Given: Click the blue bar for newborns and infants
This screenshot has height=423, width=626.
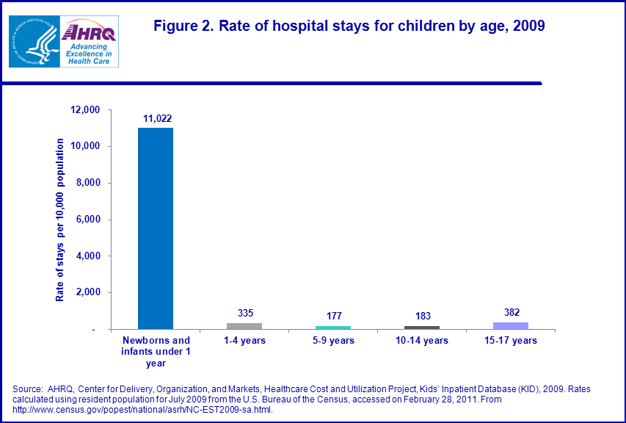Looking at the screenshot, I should click(x=156, y=228).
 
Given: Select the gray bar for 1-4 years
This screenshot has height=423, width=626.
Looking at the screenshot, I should click(x=244, y=326).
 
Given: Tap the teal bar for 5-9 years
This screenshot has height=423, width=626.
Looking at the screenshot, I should click(x=333, y=328).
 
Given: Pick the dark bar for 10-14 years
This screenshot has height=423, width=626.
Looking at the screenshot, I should click(x=422, y=328).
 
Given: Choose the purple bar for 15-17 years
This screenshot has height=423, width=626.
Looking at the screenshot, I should click(x=511, y=325).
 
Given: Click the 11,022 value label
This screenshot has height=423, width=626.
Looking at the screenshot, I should click(x=156, y=117).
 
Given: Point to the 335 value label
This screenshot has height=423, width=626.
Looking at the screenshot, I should click(x=245, y=313).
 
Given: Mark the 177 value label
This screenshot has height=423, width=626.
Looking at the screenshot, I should click(x=334, y=316).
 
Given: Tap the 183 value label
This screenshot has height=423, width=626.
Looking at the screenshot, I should click(x=422, y=316).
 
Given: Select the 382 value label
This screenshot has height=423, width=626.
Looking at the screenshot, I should click(x=511, y=312).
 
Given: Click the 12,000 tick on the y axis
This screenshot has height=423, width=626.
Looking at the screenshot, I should click(x=84, y=110).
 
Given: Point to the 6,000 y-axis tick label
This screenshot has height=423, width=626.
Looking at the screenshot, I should click(x=87, y=220).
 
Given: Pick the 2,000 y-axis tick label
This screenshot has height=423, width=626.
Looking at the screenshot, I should click(x=87, y=293).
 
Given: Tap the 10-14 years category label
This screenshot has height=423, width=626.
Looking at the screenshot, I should click(x=422, y=341).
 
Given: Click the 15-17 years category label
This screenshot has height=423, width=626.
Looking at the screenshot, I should click(x=511, y=341).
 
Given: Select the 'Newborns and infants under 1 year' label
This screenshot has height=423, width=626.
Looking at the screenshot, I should click(x=156, y=351).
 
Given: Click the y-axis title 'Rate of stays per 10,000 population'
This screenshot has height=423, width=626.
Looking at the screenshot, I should click(x=60, y=220).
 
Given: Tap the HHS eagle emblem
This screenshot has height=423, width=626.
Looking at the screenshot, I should click(x=33, y=41).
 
